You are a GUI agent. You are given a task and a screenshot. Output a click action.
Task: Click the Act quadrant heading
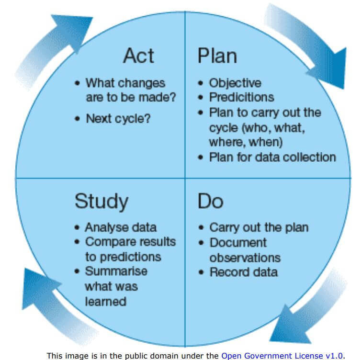coord(139,56)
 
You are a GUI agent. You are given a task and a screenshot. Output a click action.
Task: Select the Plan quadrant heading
coord(217,56)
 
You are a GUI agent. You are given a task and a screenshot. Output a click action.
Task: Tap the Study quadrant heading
coord(101,202)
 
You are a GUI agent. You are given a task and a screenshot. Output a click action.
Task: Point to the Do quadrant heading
coord(210,201)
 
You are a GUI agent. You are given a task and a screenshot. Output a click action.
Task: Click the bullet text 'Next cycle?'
coord(118,118)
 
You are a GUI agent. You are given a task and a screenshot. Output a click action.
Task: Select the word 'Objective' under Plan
coord(235,82)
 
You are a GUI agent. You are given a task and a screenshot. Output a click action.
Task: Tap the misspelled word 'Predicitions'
coord(241,97)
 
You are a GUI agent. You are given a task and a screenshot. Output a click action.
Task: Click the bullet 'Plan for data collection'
coord(272,157)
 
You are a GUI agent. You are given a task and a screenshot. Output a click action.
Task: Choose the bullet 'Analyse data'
coord(120,227)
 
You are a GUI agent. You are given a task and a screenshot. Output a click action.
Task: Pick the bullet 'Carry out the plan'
coord(259,227)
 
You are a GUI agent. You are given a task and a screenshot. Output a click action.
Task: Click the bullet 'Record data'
coord(243,272)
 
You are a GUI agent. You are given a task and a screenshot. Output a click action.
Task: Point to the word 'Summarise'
coord(116,271)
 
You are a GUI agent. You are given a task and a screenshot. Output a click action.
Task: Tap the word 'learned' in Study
coord(105,301)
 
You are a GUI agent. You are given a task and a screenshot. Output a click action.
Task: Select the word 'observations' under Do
coord(245,257)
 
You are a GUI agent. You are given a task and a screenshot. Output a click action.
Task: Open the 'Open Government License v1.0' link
coord(282,356)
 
